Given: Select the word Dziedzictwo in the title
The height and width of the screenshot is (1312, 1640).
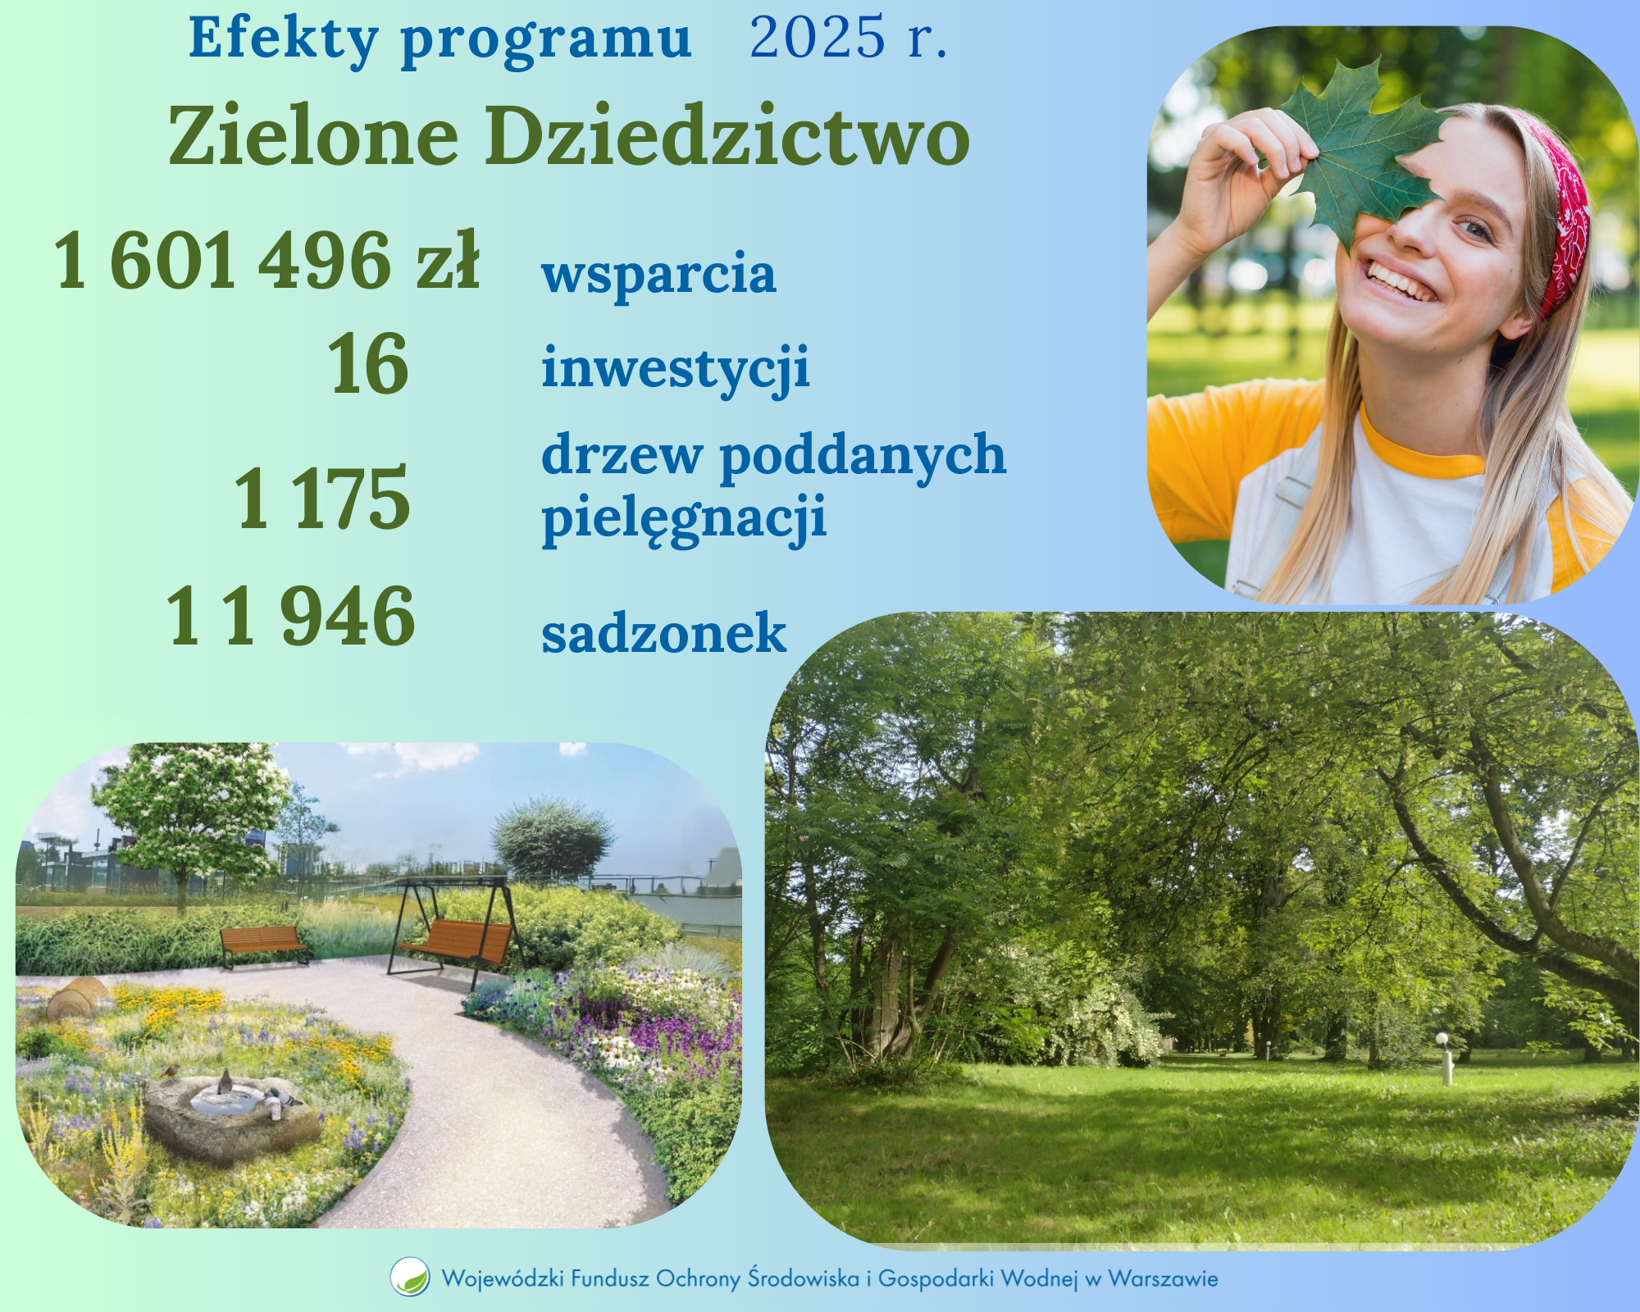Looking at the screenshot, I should click(x=727, y=135).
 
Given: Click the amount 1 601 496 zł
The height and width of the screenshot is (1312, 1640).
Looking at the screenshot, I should click(x=266, y=261).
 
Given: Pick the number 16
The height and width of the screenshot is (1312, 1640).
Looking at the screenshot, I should click(x=368, y=364).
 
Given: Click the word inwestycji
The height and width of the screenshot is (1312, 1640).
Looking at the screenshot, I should click(x=676, y=367).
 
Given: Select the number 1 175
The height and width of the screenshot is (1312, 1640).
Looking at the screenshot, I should click(x=322, y=498).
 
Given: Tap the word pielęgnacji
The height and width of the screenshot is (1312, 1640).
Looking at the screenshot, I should click(x=684, y=518).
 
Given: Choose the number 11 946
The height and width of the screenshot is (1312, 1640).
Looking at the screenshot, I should click(x=291, y=617).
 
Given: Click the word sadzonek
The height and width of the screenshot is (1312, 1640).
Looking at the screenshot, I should click(x=663, y=633).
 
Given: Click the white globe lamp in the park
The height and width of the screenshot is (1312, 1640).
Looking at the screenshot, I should click(x=1441, y=1040).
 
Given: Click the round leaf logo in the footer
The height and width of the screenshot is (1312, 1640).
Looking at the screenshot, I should click(x=409, y=1277).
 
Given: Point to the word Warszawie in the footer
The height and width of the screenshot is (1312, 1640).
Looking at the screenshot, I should click(x=1162, y=1278).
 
